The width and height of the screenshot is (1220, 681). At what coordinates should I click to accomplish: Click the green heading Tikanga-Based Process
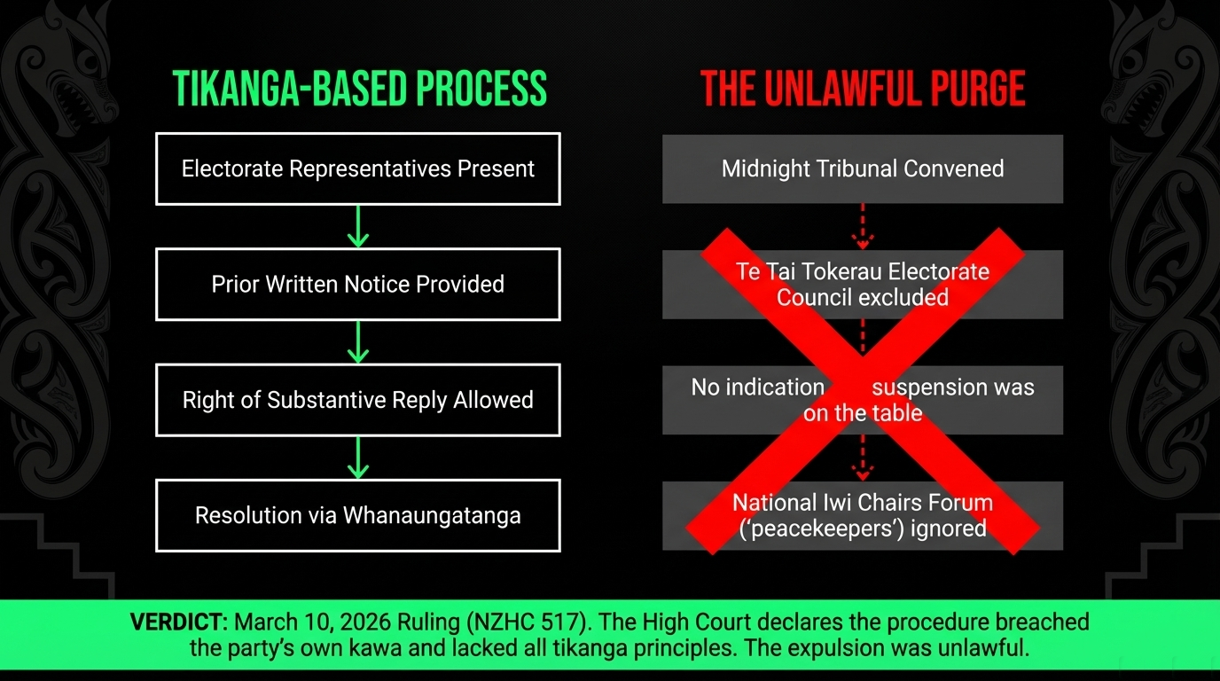tap(359, 89)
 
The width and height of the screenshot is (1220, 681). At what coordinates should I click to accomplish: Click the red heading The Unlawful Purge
tap(863, 89)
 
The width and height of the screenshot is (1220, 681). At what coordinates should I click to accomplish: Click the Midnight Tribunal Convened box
tap(863, 168)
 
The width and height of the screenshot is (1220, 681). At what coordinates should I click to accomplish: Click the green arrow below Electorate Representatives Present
tap(358, 227)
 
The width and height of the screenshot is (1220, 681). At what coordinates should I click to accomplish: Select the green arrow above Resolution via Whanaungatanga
tap(358, 458)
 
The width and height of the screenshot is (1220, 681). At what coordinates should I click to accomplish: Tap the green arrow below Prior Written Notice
tap(358, 342)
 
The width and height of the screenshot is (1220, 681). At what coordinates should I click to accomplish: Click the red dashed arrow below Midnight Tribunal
tap(863, 227)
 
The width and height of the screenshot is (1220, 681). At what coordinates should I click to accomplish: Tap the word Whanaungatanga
tap(432, 516)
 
